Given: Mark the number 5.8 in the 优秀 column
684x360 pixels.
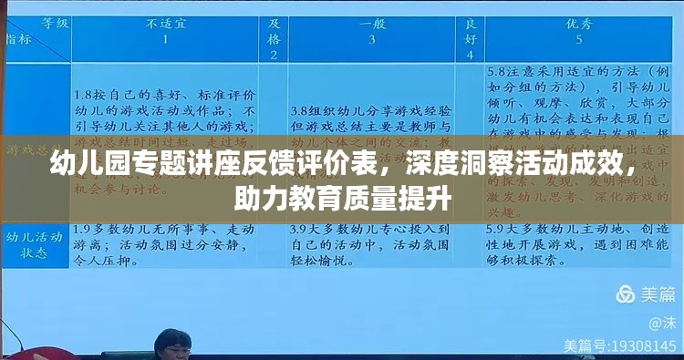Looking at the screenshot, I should pos(498,71).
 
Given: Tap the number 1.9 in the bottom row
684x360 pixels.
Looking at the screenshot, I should pos(84,228).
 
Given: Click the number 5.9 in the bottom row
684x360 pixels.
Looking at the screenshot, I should pos(498,228).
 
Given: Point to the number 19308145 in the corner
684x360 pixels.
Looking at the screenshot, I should pos(638,346).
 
